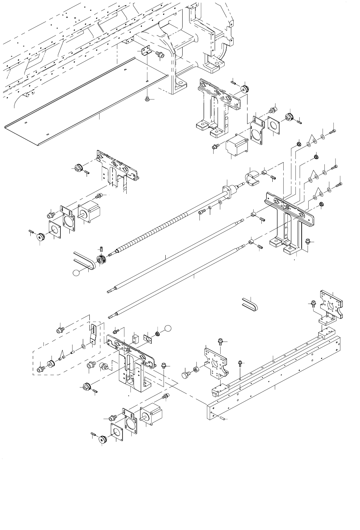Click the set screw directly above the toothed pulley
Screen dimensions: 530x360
(x=101, y=248)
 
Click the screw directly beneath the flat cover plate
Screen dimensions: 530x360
(x=147, y=99)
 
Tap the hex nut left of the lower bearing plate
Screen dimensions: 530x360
(x=196, y=369)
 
